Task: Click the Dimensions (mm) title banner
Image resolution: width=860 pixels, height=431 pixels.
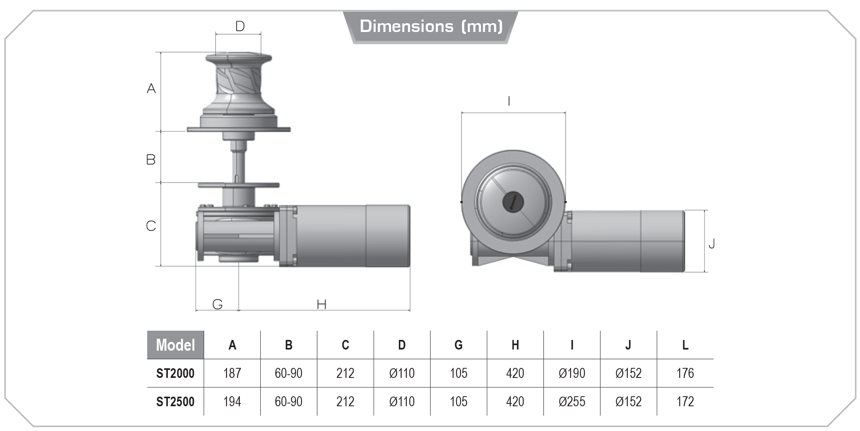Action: point(431,26)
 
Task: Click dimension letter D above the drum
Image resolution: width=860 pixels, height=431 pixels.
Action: point(240,26)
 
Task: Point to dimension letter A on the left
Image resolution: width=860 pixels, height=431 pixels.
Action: point(151,88)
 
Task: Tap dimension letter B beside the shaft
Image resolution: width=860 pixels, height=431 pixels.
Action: point(151,160)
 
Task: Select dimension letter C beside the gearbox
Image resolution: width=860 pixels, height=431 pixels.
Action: point(151,226)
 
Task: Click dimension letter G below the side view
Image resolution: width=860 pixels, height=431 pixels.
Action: point(217,304)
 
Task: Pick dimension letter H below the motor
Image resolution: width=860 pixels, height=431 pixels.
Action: point(322,305)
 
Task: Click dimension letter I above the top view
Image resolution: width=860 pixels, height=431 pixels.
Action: point(509,101)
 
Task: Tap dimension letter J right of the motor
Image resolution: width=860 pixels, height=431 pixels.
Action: point(711,244)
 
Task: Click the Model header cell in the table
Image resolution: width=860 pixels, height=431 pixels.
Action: point(175,345)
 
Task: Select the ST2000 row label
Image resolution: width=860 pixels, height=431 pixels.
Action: point(175,373)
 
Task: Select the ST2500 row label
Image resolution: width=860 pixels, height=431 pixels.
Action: point(175,401)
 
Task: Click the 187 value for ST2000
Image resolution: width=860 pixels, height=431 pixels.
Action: point(232,373)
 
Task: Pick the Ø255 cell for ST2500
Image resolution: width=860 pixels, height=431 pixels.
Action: point(572,401)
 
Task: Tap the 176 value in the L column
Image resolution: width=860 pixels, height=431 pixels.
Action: point(685,373)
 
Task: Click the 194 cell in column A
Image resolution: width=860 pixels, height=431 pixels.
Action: point(232,401)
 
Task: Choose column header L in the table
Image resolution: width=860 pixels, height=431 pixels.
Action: point(685,345)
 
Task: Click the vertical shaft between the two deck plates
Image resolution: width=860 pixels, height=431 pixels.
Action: point(239,164)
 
